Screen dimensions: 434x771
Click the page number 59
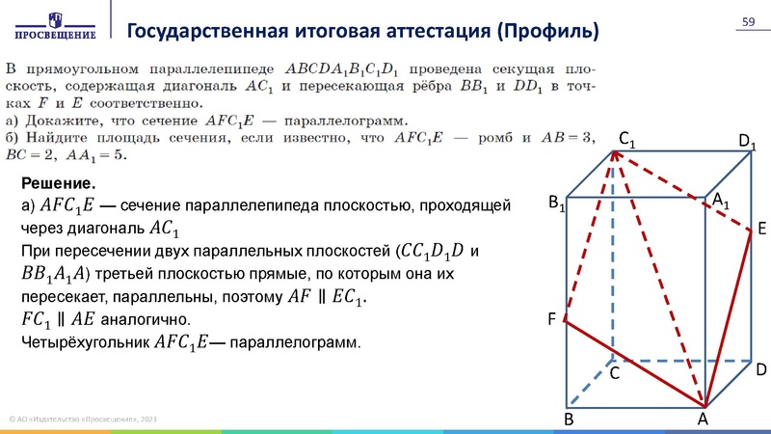tap(747, 23)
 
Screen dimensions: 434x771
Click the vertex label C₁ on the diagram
tap(626, 142)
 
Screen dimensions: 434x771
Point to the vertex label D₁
tap(747, 143)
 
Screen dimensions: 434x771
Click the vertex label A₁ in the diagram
tap(720, 199)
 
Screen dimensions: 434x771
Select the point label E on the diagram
tap(761, 229)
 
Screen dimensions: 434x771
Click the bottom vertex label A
tap(703, 420)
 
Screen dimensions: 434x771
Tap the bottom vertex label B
tap(569, 420)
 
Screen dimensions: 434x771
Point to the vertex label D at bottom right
tap(760, 369)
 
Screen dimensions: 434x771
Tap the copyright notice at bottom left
tap(82, 419)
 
